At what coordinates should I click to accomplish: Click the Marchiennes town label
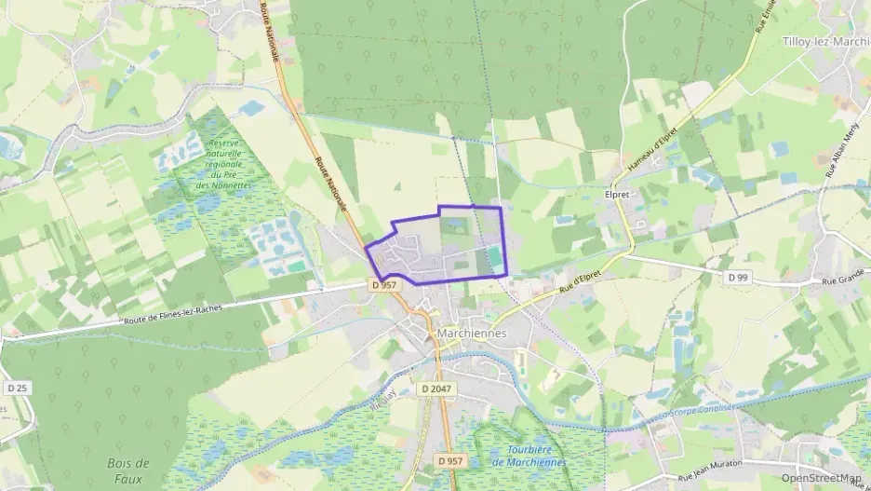pos(471,333)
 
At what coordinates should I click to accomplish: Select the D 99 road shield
pos(738,278)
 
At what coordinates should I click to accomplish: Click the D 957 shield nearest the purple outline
pos(383,285)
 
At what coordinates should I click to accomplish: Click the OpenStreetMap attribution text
pos(821,479)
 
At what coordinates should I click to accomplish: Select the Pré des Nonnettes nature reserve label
pos(223,164)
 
